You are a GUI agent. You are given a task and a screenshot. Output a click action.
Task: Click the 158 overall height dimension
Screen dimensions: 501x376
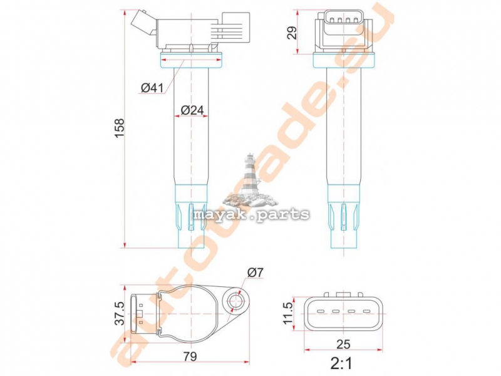[x=120, y=128]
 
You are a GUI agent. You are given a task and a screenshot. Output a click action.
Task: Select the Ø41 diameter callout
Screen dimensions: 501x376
[x=152, y=87]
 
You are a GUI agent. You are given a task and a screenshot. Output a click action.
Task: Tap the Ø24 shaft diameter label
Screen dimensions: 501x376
[x=192, y=110]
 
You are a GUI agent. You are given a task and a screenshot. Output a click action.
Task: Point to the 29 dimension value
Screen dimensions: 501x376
[x=292, y=33]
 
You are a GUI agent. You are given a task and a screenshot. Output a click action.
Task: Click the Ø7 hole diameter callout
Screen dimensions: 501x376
[x=255, y=273]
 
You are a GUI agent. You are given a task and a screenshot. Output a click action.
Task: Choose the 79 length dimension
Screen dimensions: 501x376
[x=190, y=356]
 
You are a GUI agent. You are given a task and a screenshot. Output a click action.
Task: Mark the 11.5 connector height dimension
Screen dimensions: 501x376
[x=287, y=313]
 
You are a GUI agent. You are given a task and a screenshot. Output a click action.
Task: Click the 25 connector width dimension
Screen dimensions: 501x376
[x=343, y=343]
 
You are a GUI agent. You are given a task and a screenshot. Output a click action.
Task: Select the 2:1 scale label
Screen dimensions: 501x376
[x=341, y=363]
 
